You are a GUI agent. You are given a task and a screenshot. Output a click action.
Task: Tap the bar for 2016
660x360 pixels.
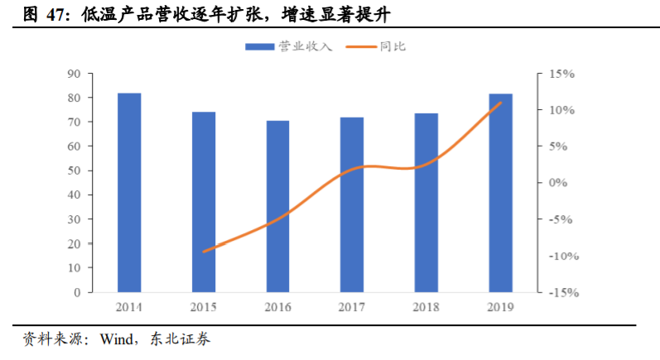278,206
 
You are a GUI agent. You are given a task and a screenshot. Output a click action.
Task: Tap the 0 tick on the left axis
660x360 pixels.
75,292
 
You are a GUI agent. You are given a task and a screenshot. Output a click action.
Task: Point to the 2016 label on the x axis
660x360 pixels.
278,308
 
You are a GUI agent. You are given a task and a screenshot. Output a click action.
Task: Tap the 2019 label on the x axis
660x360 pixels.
500,308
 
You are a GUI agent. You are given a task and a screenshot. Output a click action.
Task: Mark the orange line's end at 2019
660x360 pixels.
500,103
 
